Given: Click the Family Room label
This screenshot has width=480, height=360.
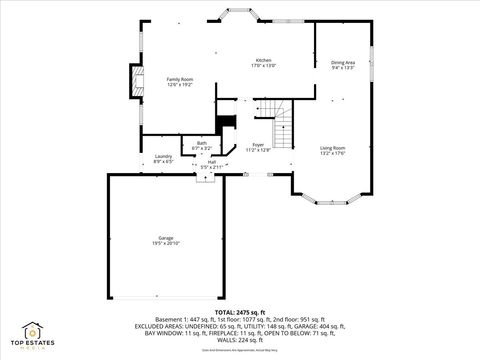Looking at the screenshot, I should click(x=179, y=79).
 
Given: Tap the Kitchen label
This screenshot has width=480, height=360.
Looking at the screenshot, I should click(x=264, y=60).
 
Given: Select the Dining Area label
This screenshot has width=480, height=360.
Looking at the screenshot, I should click(x=343, y=62).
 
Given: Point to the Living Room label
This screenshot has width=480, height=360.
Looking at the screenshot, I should click(x=333, y=148).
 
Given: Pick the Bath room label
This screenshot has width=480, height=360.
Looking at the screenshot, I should click(x=202, y=142).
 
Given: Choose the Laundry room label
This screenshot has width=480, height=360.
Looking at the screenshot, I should click(x=163, y=156).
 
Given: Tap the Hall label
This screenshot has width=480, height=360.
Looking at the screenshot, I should click(x=212, y=161).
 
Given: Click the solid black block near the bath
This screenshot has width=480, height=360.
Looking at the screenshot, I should click(x=227, y=122).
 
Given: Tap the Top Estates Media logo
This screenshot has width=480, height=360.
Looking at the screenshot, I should click(x=32, y=337).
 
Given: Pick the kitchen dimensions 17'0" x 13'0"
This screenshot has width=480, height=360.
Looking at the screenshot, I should click(x=264, y=66).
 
